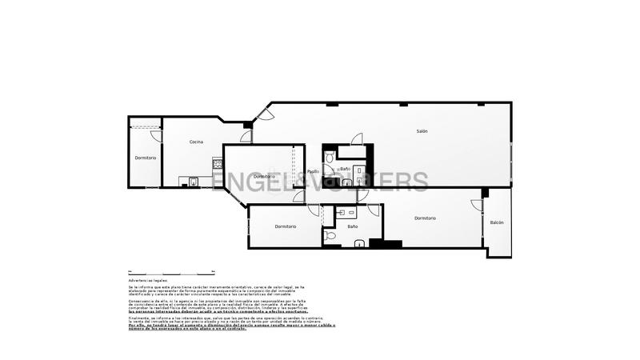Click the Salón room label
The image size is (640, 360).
coord(422,131)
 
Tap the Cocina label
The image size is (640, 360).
coord(196,142)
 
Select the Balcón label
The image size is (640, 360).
coord(497,222)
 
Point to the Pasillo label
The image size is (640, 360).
coord(314,171)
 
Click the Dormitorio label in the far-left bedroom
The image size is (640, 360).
coord(145,158)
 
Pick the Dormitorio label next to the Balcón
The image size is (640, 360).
coord(425,218)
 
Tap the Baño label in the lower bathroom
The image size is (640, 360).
coord(353,226)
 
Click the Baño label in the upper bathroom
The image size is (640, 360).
coord(345,169)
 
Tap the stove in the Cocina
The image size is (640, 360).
coord(217,164)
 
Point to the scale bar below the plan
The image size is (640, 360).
coord(168,270)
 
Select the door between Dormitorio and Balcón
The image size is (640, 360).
coord(477,205)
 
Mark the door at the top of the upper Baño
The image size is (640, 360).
coord(357,139)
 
